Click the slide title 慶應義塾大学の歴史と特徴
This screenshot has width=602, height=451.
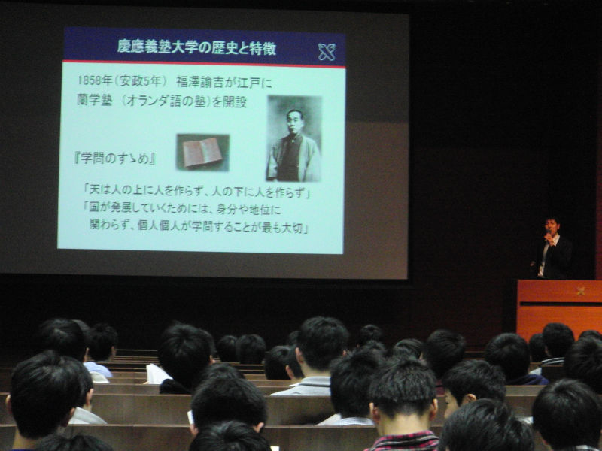tap(196, 47)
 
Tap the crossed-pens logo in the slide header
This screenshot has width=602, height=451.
tap(327, 52)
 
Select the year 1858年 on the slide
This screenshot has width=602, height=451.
tap(95, 80)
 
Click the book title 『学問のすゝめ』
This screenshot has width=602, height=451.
tap(115, 158)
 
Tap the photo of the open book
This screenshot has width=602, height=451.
tap(202, 153)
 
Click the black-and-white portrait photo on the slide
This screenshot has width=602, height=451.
tap(294, 138)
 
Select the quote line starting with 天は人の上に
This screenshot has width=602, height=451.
tap(197, 191)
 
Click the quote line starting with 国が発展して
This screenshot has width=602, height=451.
tap(182, 209)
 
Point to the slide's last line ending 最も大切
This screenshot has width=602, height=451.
tap(199, 227)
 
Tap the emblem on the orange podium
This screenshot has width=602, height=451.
tap(581, 291)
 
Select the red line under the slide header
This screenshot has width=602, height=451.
tap(204, 64)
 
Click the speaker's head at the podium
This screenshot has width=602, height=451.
tap(552, 226)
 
